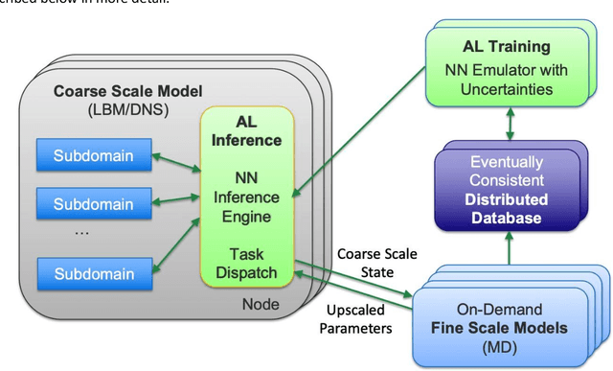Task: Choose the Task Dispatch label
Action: (x=253, y=263)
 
